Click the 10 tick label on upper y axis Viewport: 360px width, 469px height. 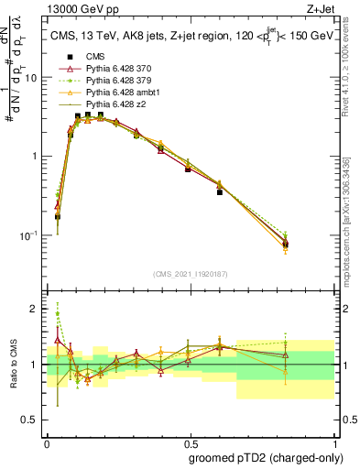[31, 78]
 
